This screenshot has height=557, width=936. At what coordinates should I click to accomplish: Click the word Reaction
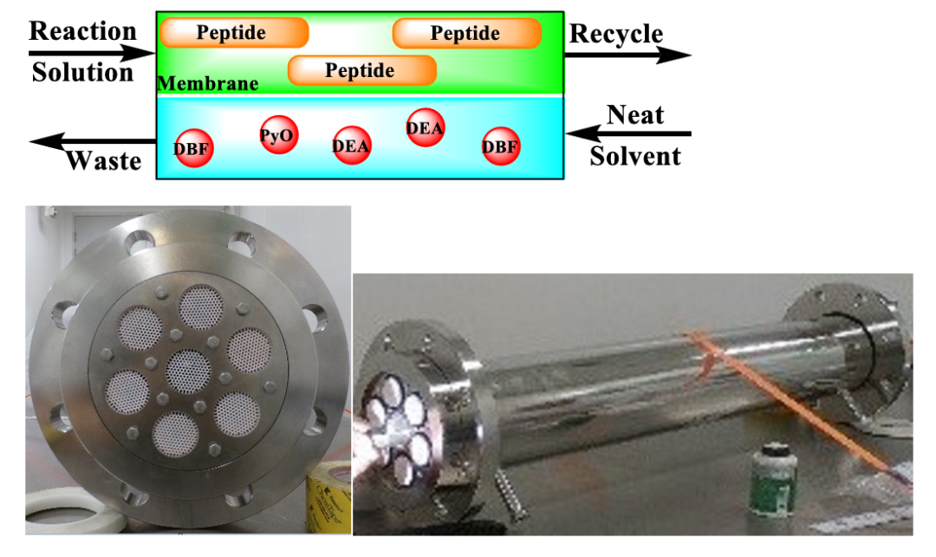(83, 31)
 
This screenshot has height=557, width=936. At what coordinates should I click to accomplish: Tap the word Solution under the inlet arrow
(83, 72)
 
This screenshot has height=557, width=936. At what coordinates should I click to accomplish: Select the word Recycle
(616, 34)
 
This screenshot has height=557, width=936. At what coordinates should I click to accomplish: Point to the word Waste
(104, 160)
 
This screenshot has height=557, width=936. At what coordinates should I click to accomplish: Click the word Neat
(635, 114)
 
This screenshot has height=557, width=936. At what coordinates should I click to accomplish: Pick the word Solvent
(635, 156)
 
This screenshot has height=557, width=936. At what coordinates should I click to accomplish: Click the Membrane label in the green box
(208, 83)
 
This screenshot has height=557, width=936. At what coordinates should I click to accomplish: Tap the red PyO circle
(278, 135)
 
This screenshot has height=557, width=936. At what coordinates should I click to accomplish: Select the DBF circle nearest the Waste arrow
(193, 148)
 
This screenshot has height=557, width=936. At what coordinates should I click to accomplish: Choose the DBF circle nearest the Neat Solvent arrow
(501, 146)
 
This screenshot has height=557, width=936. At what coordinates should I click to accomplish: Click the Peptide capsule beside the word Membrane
(361, 70)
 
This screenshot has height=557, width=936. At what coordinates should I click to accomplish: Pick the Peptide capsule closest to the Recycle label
(467, 34)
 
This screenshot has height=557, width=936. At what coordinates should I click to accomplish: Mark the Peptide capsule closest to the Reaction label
(234, 32)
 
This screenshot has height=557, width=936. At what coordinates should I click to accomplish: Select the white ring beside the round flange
(73, 510)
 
